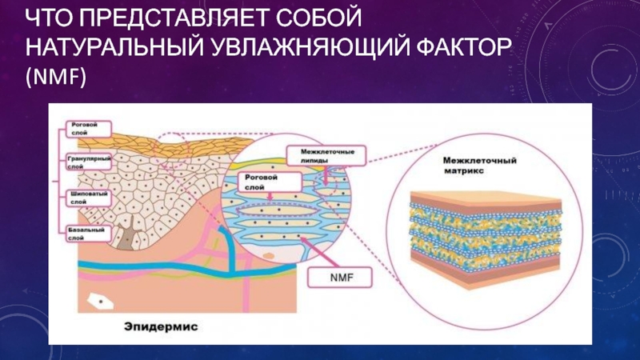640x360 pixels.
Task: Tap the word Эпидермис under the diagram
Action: coord(161,326)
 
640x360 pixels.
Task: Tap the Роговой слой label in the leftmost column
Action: coord(83,128)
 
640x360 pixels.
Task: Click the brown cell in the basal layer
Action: coord(127,236)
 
